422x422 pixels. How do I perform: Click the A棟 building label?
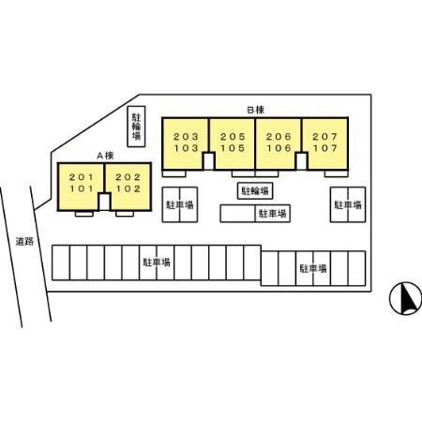pos(105,156)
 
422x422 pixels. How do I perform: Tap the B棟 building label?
pos(256,110)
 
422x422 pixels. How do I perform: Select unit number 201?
pos(82,177)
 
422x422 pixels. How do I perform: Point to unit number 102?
pos(128,188)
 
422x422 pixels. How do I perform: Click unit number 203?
pos(186,137)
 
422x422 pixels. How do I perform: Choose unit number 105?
pos(233,148)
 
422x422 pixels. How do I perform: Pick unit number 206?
pos(279,137)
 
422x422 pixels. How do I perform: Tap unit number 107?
pos(325,148)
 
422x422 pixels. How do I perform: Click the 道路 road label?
pos(24,241)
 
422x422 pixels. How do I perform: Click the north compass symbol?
pos(405,298)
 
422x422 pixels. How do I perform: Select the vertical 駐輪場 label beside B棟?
pos(136,127)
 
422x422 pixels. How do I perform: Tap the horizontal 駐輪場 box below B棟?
pos(255,190)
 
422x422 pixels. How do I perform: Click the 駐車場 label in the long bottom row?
pos(157,262)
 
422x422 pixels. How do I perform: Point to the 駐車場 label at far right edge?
pos(348,204)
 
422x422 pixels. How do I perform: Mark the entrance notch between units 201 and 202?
pos(104,202)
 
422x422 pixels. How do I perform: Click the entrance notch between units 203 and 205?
pos(208,161)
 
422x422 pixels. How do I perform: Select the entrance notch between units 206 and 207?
pos(301,161)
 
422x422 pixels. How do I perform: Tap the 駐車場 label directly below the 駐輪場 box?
pos(272,214)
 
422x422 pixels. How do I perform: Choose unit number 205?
pos(233,137)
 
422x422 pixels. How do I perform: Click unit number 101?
pos(82,188)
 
